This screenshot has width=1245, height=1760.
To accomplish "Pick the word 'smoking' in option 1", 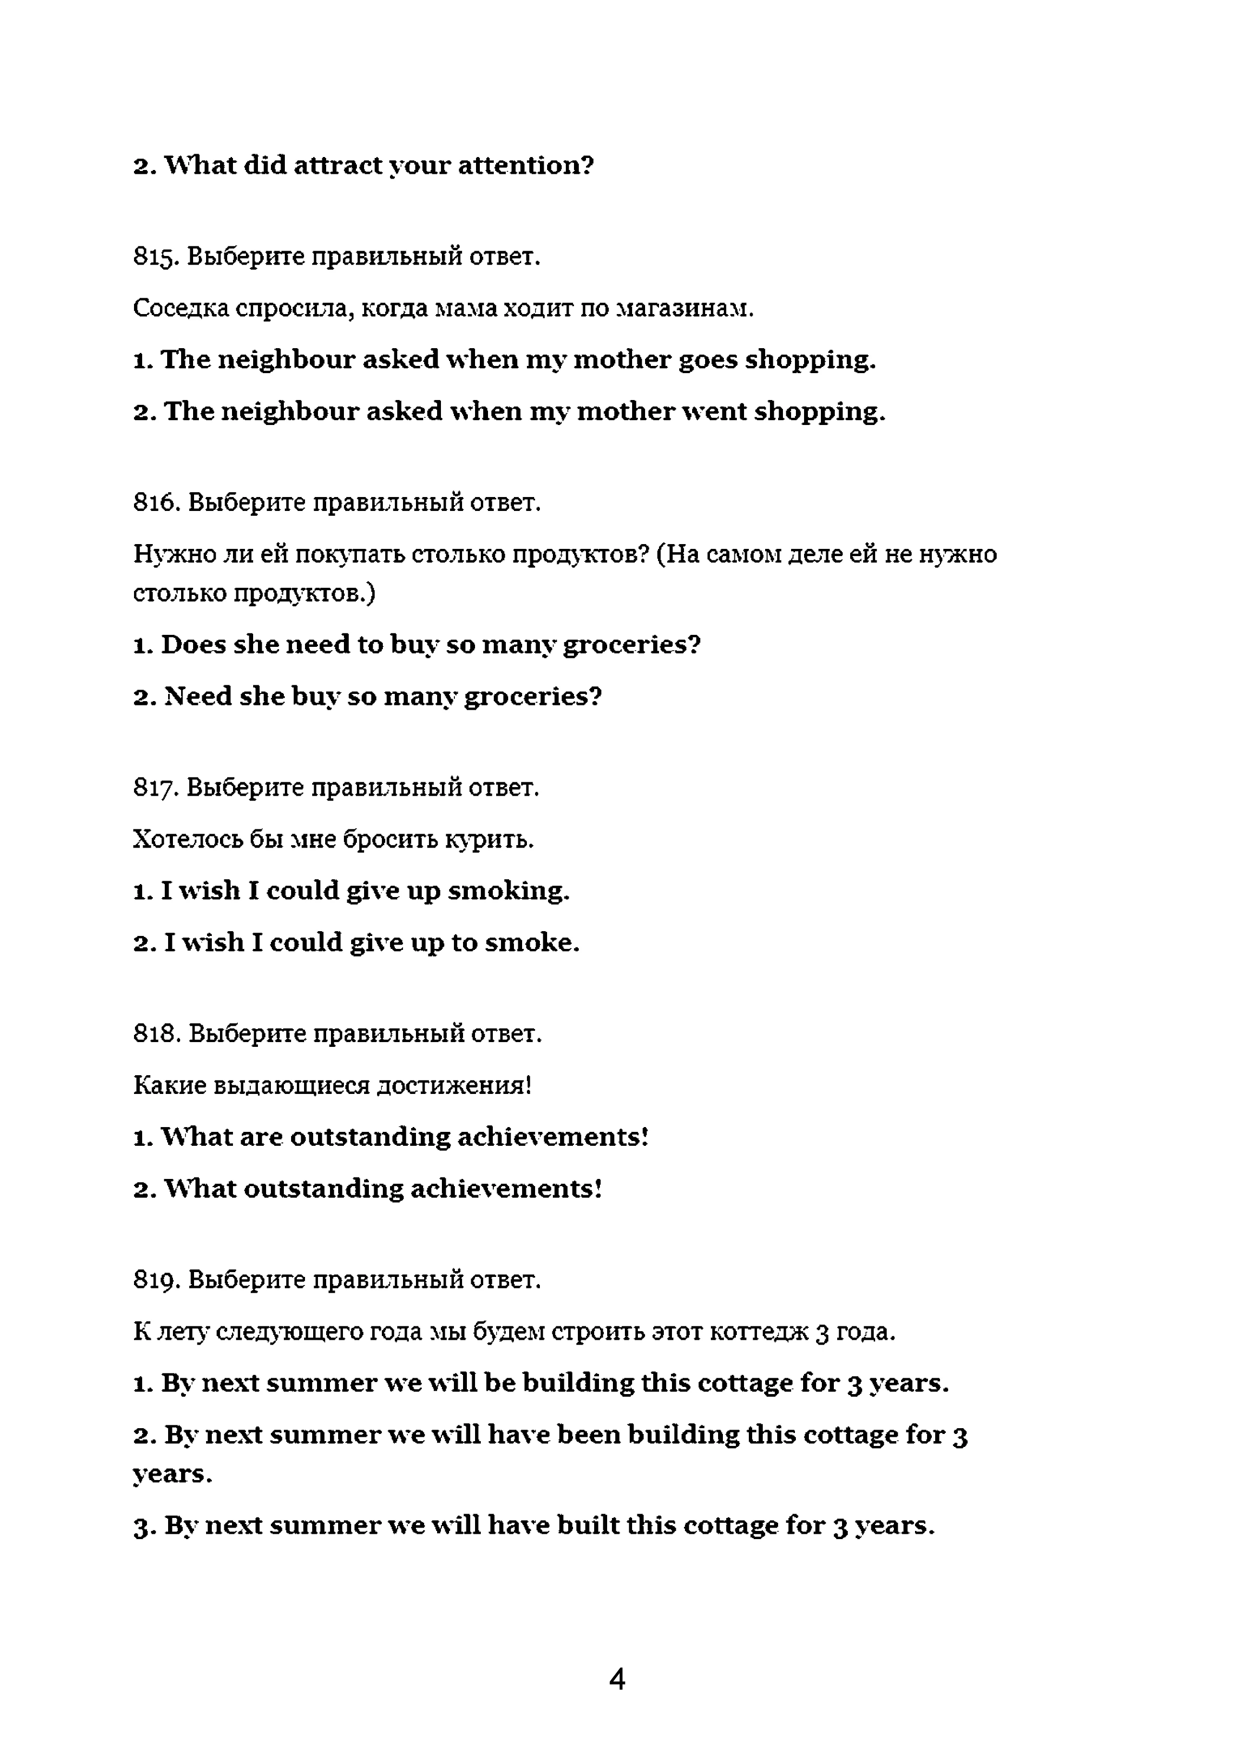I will [508, 891].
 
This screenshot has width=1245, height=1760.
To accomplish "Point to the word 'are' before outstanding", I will [261, 1138].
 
